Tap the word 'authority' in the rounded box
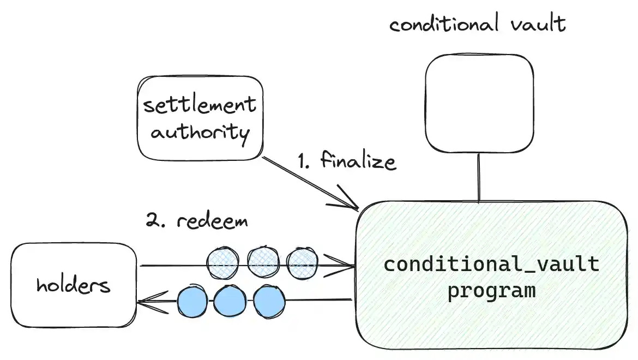pos(200,131)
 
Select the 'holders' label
pos(73,284)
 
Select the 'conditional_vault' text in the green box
pos(491,265)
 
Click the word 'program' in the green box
pos(491,290)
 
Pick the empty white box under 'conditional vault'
pos(479,103)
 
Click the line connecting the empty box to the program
pos(479,177)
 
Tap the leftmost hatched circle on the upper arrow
pos(222,262)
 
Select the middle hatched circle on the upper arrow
pos(263,262)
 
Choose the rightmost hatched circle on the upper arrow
pos(302,262)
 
